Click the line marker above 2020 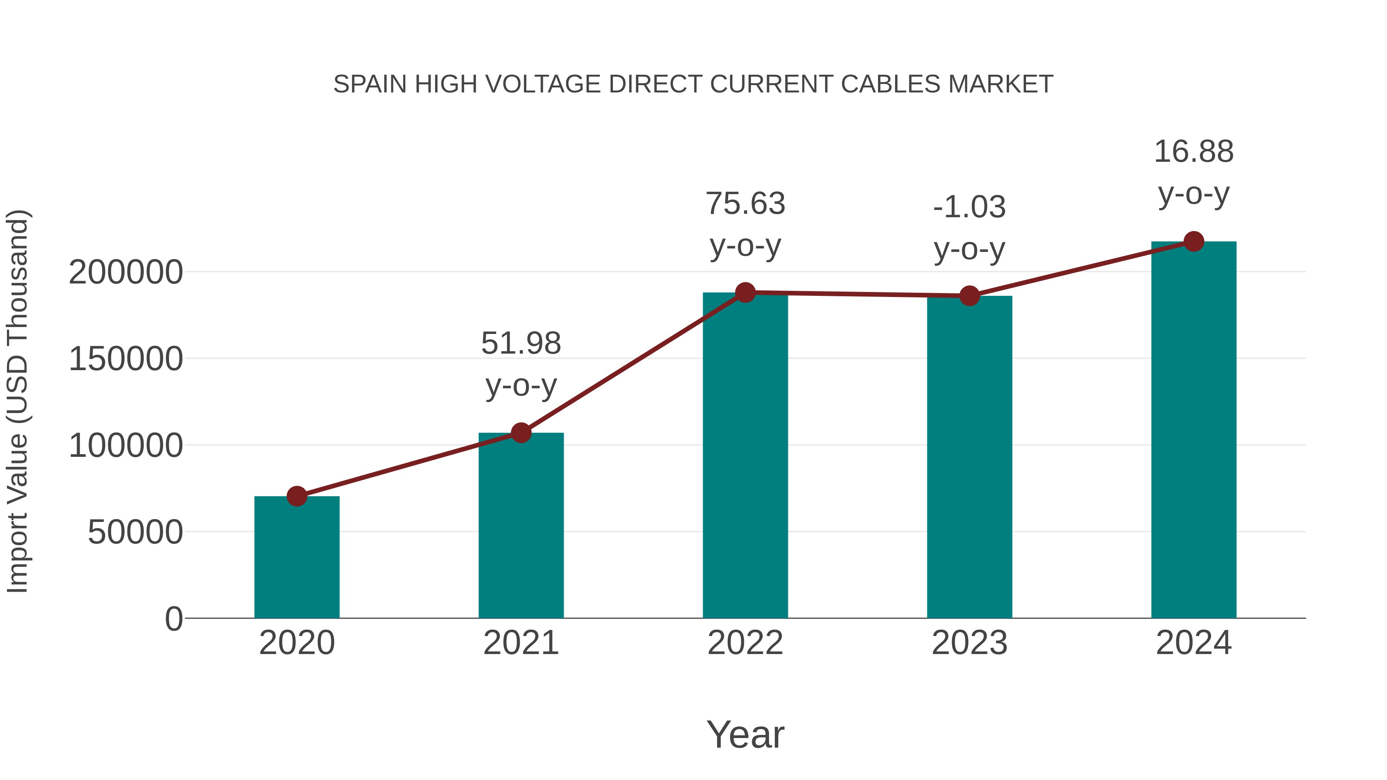click(x=297, y=496)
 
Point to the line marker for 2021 click(x=521, y=433)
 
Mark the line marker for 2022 click(x=745, y=293)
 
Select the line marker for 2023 click(x=969, y=295)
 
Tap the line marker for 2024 click(x=1194, y=242)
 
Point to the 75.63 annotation click(x=745, y=203)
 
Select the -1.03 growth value click(x=969, y=207)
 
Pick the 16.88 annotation click(x=1194, y=151)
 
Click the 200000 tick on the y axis click(x=126, y=272)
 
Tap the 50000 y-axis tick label click(x=135, y=532)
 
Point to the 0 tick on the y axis click(x=174, y=619)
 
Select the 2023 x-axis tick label click(x=969, y=643)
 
